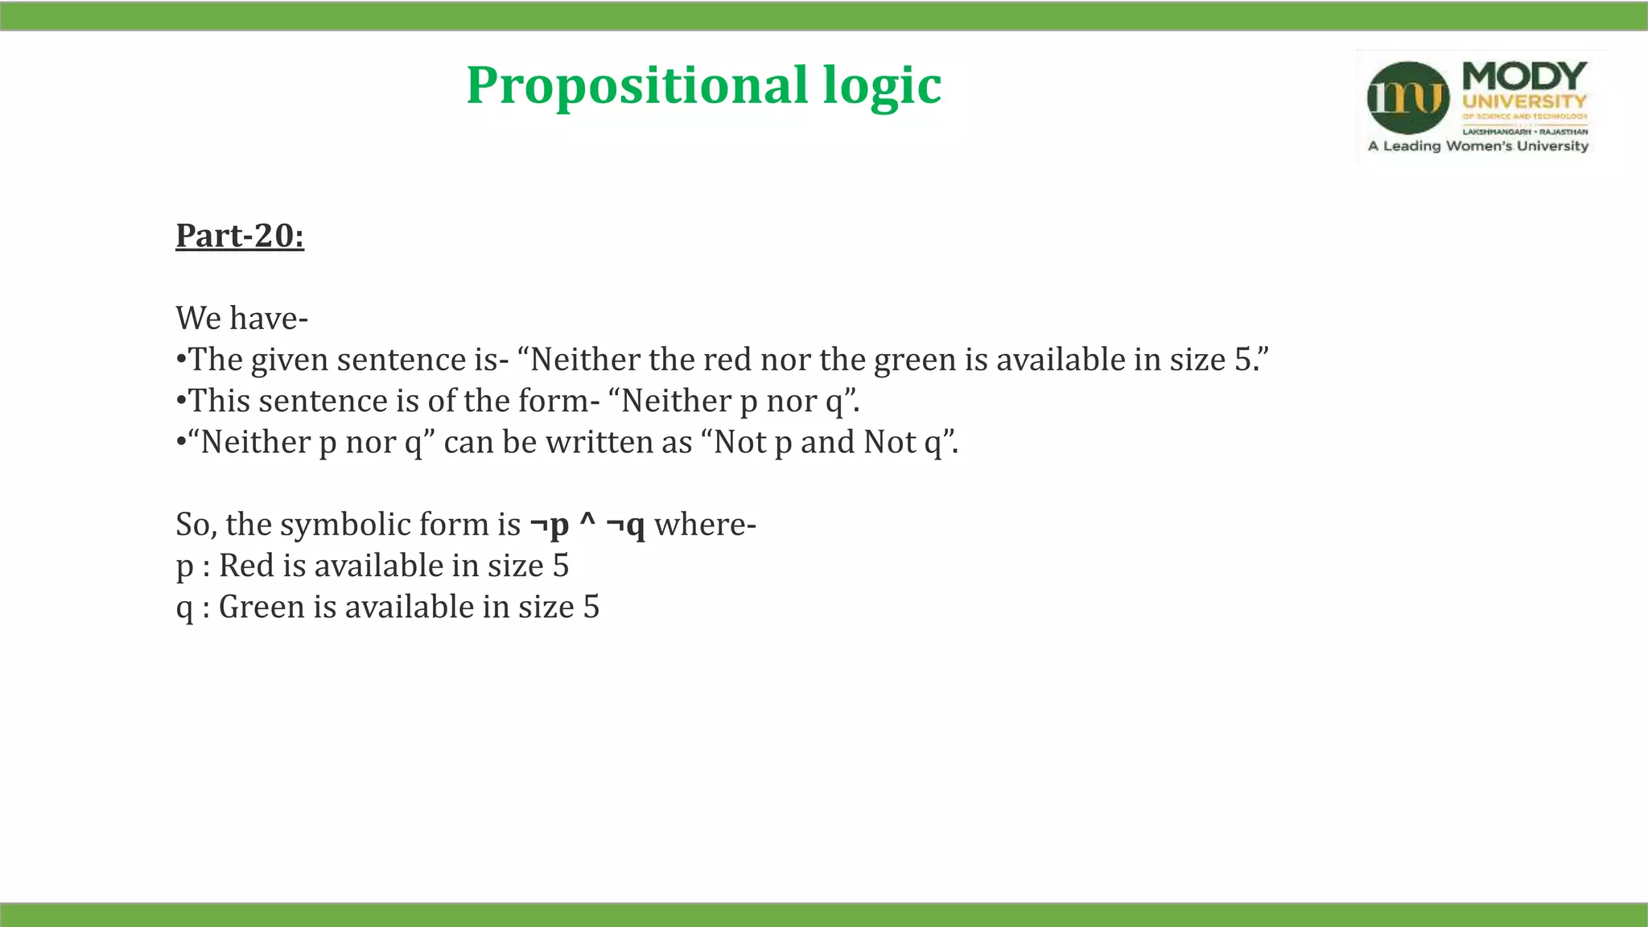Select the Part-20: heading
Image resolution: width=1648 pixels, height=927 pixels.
point(240,236)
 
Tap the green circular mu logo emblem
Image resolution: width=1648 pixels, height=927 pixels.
point(1407,98)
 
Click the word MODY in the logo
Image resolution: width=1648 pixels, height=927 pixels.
point(1523,77)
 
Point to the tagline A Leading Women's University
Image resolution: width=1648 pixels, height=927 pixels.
point(1477,146)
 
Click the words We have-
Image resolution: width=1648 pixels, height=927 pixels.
point(241,319)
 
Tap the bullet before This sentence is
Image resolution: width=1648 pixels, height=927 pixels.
point(181,402)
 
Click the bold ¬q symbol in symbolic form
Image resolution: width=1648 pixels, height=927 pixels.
point(625,525)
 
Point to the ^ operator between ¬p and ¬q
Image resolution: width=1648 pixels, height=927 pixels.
point(587,523)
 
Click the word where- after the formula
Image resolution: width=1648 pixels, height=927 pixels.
point(705,525)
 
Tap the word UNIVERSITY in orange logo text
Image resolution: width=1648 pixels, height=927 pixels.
point(1524,102)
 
